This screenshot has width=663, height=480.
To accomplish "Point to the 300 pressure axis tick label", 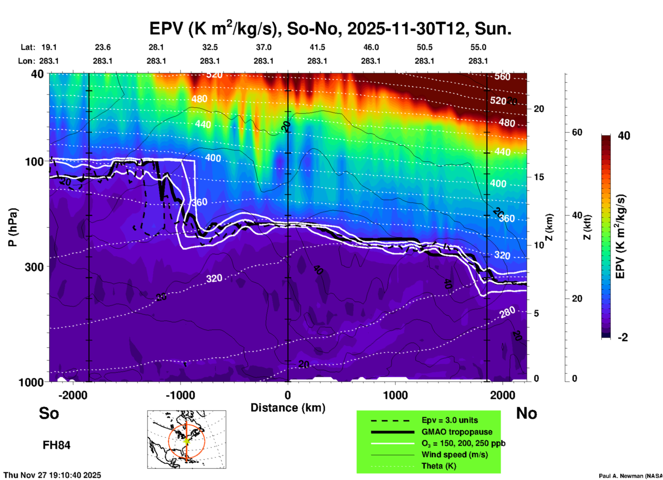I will [34, 267].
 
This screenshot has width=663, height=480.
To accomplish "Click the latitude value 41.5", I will [317, 47].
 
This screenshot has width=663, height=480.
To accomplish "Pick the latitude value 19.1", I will [49, 47].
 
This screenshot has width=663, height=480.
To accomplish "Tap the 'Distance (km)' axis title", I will [288, 408].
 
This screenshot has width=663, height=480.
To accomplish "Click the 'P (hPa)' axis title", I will [13, 227].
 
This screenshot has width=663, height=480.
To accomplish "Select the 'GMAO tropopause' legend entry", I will [457, 432].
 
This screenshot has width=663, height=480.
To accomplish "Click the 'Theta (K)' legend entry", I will [439, 466].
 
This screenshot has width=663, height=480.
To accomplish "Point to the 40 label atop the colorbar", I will [624, 136].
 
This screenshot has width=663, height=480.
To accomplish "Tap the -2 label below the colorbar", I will [623, 337].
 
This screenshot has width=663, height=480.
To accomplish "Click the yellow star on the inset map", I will [186, 441].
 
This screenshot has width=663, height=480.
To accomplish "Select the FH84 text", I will [56, 445].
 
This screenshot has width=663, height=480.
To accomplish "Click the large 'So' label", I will [49, 413].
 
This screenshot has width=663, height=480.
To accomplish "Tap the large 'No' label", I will [526, 413].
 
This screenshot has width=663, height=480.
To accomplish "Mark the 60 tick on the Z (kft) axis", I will [577, 132].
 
